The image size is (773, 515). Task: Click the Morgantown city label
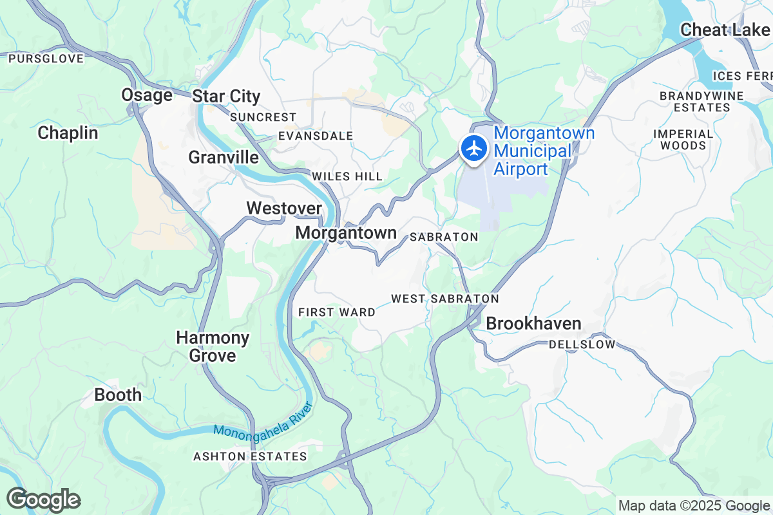coord(346,233)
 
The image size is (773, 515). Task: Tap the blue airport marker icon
coord(474,148)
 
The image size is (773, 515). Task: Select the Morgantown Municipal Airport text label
coord(544,151)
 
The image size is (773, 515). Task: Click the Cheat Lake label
coord(725,30)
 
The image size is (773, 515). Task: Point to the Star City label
coord(226,97)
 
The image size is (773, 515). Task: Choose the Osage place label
coord(147,95)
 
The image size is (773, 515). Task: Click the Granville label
coord(224,157)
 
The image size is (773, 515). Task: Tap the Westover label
coord(284,208)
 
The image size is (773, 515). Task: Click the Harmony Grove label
coord(213,346)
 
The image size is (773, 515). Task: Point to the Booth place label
coord(118,395)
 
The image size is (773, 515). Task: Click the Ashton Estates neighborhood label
coord(251,456)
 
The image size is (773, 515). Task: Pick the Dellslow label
coord(582,344)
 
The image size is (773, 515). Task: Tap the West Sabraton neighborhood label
coord(445,299)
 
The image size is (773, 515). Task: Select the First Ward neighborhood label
coord(337,312)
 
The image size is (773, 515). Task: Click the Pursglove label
coord(46,59)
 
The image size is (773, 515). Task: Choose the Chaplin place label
coord(68,133)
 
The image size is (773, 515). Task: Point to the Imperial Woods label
coord(683,140)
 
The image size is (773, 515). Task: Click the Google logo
coord(43,500)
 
